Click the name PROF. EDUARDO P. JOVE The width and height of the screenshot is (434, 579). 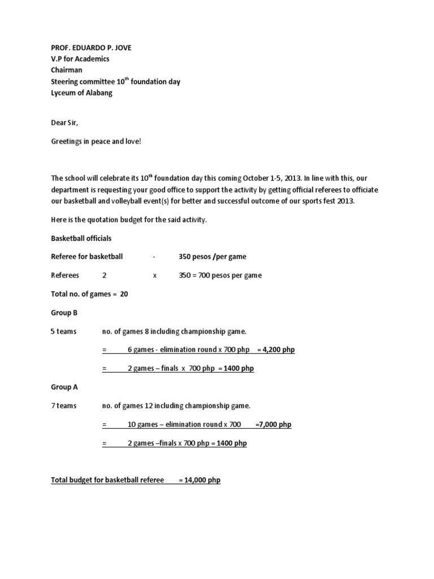point(91,47)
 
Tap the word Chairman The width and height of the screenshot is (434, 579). point(67,70)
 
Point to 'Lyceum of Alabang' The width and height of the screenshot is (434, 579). point(81,93)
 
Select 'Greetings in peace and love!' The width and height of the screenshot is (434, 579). point(96,141)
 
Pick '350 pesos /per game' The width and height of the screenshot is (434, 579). point(212,257)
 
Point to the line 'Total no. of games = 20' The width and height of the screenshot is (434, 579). point(89,294)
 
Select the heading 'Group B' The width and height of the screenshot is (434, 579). point(64,313)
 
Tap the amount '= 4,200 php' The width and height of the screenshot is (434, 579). point(276,350)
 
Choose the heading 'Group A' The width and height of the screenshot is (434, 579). point(64,387)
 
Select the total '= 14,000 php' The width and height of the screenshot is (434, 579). point(199,480)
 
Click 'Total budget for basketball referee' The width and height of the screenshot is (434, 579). point(107,480)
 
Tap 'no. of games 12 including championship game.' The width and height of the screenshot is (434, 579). point(176,406)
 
